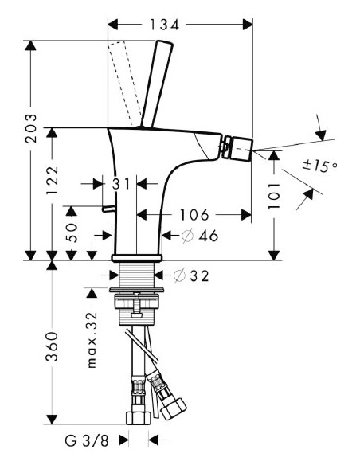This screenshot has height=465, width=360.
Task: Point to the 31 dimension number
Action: (120, 184)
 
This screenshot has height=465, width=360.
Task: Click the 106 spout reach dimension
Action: (192, 215)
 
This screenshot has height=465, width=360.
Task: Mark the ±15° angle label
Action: (321, 166)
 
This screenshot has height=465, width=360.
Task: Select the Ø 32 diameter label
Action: (190, 275)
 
